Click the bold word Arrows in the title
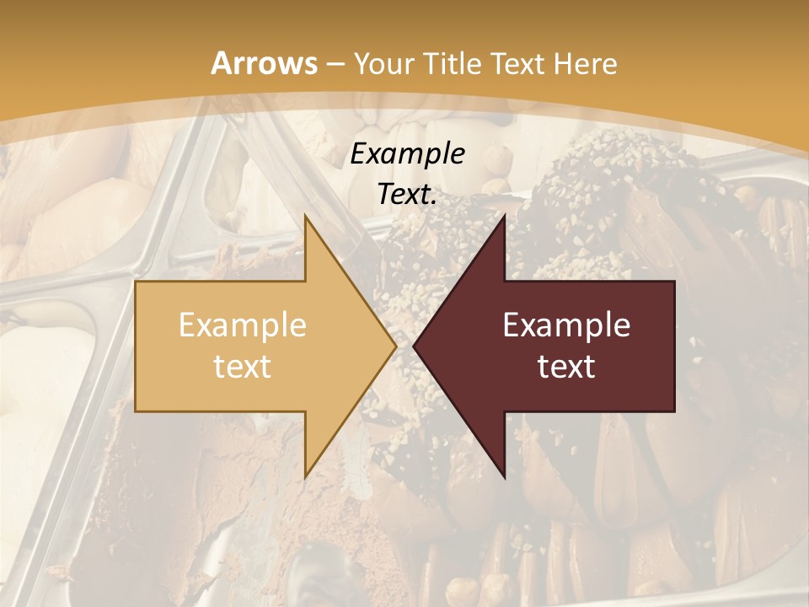[x=265, y=63]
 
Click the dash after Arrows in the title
[x=335, y=65]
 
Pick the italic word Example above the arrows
[x=408, y=154]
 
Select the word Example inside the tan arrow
[x=243, y=325]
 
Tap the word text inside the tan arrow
[x=243, y=367]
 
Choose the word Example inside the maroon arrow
[x=566, y=325]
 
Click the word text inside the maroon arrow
[x=566, y=367]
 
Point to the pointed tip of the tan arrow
[x=396, y=346]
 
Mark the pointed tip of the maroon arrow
[x=414, y=346]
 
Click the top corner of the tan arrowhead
[x=305, y=215]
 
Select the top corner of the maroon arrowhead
[x=504, y=215]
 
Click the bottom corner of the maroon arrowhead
[x=504, y=478]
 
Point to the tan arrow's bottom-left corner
[x=136, y=411]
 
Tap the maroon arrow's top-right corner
[x=674, y=282]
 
